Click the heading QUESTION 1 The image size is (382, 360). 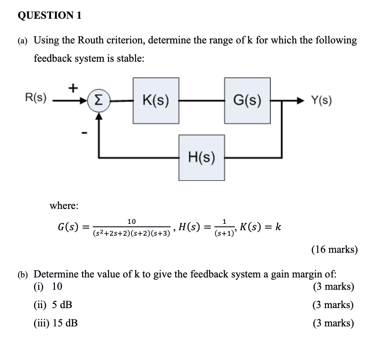coord(50,16)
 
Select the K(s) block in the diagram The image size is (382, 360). coord(155,101)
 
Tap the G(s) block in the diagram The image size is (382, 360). coord(247,101)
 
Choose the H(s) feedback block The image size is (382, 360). coord(202,157)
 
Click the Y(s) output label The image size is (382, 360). coord(321,101)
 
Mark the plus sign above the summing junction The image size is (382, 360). coord(73,88)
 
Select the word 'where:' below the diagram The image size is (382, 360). coord(64,206)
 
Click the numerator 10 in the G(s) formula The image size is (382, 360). coord(131,221)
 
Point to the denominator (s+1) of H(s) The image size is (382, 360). coord(224,233)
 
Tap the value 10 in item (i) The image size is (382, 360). coord(57,286)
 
